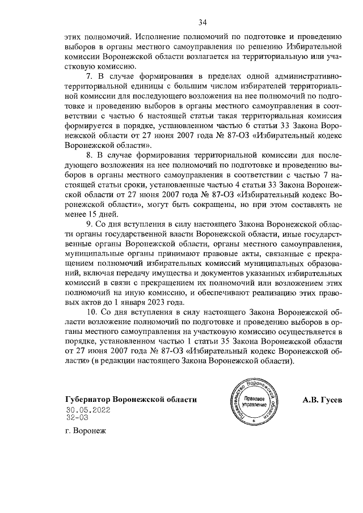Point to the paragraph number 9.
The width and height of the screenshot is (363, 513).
click(88, 224)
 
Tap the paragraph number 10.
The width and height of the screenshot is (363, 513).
click(90, 313)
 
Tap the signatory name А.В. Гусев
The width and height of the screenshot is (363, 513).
click(323, 400)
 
